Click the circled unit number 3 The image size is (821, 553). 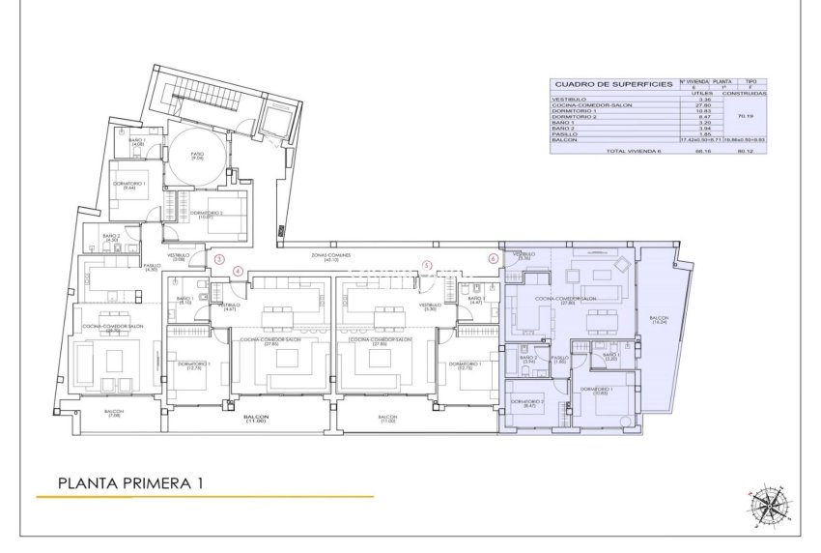pos(219,259)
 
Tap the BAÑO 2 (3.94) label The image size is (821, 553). pos(528,359)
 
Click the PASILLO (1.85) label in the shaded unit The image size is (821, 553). pos(559,359)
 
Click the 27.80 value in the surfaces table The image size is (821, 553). pos(703,105)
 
